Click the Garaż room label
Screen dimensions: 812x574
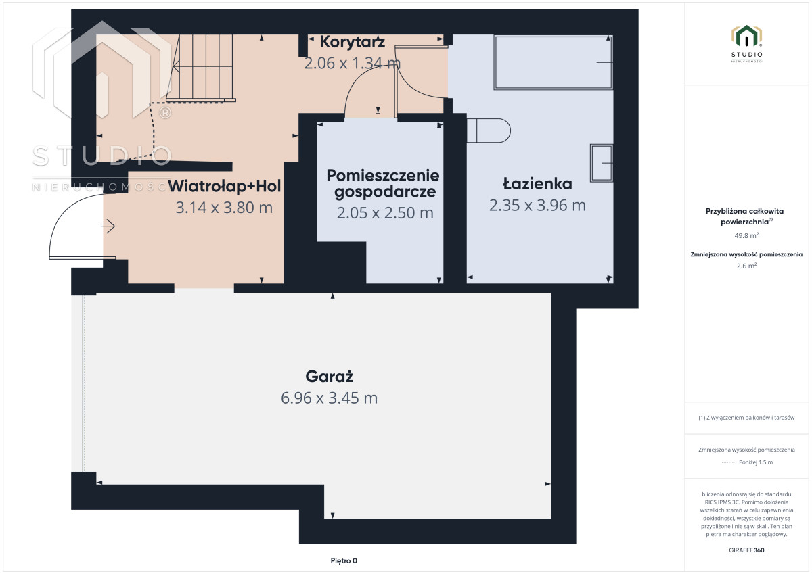click(329, 377)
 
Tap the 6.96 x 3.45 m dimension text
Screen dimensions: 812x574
click(329, 398)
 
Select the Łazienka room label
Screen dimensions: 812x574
click(537, 183)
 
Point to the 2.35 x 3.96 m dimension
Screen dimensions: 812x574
click(537, 206)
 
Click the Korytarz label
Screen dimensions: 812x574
click(353, 42)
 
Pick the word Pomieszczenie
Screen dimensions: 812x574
click(383, 176)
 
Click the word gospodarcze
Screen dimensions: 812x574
click(385, 192)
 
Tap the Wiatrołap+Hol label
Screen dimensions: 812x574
click(225, 186)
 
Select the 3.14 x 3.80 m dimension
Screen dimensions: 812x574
click(224, 208)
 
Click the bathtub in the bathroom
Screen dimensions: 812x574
click(554, 62)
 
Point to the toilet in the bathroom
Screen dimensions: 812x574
click(489, 130)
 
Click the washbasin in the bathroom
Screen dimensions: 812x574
click(602, 163)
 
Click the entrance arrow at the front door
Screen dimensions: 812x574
click(108, 226)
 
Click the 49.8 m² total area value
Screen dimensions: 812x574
click(746, 235)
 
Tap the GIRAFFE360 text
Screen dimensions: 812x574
click(746, 550)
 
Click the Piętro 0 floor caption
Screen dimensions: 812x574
click(344, 560)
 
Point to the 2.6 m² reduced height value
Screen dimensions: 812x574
click(746, 266)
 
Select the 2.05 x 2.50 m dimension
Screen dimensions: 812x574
click(385, 213)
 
